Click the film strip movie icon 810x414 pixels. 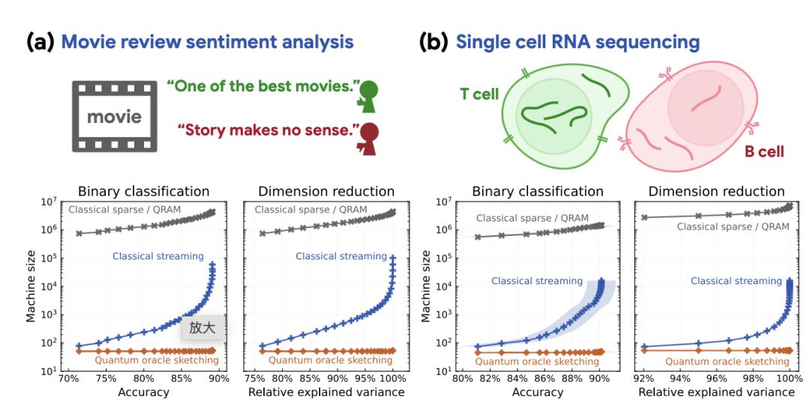(114, 115)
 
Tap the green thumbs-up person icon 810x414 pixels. (367, 94)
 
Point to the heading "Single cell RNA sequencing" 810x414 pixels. (577, 42)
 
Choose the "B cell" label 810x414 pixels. (763, 152)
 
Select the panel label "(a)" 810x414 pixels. (40, 42)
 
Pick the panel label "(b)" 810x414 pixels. (433, 42)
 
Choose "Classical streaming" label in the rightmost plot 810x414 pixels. (736, 281)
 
